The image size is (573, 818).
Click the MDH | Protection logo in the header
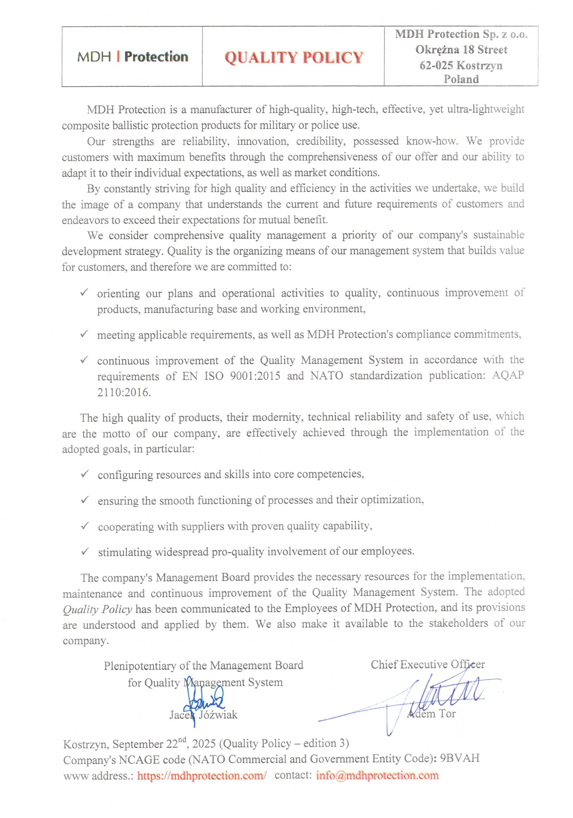pos(132,57)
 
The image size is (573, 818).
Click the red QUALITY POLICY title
pos(294,58)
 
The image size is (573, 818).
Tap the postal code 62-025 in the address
pos(436,65)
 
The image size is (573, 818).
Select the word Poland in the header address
pos(461,79)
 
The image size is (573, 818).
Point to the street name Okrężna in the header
pos(437,50)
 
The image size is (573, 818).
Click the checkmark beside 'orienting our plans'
pos(84,292)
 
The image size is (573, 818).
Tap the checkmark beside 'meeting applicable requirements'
pos(84,334)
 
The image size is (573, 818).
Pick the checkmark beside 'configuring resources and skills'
pos(85,474)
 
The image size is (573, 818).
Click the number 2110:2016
pos(124,392)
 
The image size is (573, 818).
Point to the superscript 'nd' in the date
pos(182,739)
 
